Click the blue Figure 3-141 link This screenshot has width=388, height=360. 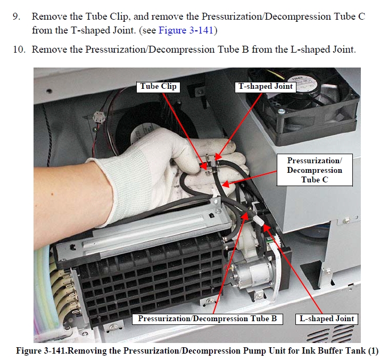click(x=186, y=30)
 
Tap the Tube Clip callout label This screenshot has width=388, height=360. click(x=158, y=87)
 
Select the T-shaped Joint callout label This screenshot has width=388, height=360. click(x=265, y=87)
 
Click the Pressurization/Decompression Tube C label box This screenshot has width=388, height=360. click(x=315, y=170)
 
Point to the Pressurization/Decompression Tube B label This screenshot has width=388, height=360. click(x=208, y=319)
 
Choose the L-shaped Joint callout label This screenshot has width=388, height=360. click(x=327, y=319)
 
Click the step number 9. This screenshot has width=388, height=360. click(x=16, y=16)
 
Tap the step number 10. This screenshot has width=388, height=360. click(x=19, y=49)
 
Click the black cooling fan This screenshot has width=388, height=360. click(x=303, y=106)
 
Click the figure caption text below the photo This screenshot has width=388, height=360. click(x=197, y=351)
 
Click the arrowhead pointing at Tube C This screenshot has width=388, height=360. click(x=226, y=184)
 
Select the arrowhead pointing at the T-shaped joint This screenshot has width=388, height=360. click(x=217, y=157)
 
